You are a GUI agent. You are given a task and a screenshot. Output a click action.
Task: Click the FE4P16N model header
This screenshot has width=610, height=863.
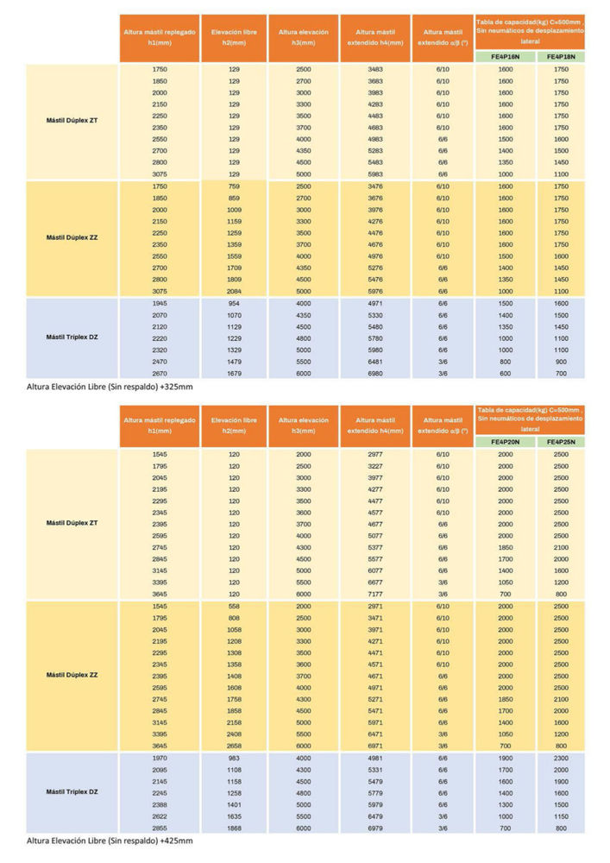[505, 57]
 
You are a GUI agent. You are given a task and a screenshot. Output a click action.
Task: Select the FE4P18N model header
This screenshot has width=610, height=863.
[561, 57]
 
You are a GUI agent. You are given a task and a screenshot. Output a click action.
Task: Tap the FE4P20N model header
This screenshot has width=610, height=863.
[505, 442]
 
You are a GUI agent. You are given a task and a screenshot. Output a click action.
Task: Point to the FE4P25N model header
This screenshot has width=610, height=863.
[561, 442]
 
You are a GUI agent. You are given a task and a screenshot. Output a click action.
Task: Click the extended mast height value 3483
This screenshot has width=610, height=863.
[375, 69]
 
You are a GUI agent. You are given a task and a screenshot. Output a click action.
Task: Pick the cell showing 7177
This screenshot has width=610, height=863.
[375, 595]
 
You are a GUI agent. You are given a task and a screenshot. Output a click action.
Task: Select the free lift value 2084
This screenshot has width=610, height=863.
[234, 292]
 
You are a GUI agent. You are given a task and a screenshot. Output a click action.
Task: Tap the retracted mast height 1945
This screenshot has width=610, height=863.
[160, 304]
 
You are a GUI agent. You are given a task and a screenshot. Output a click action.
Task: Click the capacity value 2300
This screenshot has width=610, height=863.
[561, 759]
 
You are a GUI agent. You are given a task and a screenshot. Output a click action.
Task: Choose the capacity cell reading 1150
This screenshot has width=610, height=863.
[561, 816]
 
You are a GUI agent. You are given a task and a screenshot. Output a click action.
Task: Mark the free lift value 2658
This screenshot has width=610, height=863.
[234, 746]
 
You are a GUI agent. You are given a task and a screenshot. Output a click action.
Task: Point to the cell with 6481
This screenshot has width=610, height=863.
[375, 362]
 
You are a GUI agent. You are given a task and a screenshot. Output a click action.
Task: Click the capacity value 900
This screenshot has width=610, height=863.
[561, 362]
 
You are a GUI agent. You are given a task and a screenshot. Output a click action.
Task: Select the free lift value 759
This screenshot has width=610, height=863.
[234, 186]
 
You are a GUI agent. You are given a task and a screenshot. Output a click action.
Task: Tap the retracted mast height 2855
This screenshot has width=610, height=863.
[160, 828]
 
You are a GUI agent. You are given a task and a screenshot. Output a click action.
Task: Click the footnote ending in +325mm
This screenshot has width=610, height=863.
[110, 387]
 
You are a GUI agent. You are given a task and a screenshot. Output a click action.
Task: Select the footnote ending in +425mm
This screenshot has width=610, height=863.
[110, 841]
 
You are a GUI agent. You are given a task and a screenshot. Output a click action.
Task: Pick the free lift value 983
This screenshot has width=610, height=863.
[234, 759]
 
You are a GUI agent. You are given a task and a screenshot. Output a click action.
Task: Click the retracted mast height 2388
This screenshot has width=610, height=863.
[160, 805]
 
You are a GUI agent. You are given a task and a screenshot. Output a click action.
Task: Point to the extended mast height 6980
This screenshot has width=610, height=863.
[375, 374]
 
